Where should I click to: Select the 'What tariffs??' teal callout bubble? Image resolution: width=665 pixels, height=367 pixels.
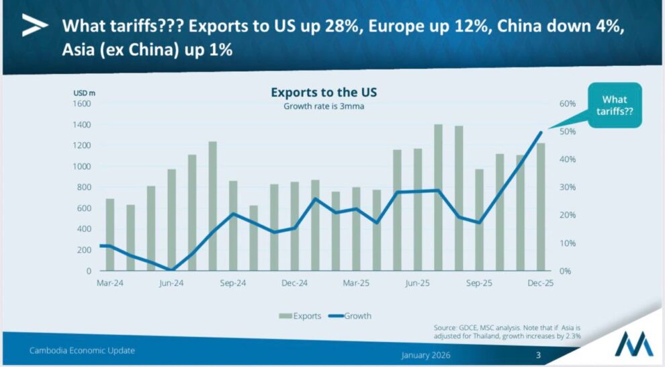tap(615, 105)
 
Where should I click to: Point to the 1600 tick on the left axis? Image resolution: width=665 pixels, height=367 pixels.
tap(81, 104)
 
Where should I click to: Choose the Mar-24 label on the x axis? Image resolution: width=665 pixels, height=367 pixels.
tap(109, 283)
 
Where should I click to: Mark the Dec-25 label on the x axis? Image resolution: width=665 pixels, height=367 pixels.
tap(540, 283)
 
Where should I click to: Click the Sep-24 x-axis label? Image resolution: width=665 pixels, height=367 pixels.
tap(233, 283)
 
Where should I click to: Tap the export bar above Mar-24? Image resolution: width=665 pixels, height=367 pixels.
tap(110, 235)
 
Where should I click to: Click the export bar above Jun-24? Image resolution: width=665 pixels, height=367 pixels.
tap(171, 220)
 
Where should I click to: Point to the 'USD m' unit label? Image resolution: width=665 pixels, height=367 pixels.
tap(84, 92)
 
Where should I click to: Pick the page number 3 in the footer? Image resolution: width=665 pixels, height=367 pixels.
tap(537, 355)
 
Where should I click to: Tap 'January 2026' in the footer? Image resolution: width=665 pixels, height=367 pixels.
tap(427, 355)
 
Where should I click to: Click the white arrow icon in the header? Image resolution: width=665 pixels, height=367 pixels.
tap(35, 26)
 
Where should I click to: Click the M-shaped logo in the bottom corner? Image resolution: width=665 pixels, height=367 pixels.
tap(635, 343)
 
